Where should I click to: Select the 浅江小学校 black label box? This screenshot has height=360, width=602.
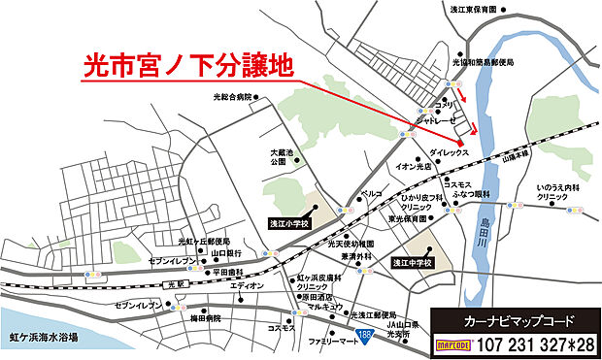(288, 222)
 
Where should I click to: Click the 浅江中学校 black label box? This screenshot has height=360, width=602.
(412, 262)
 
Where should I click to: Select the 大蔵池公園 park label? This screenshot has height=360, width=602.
(280, 157)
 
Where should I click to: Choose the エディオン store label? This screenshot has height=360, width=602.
(248, 287)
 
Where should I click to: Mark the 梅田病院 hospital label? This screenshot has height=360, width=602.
(205, 318)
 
